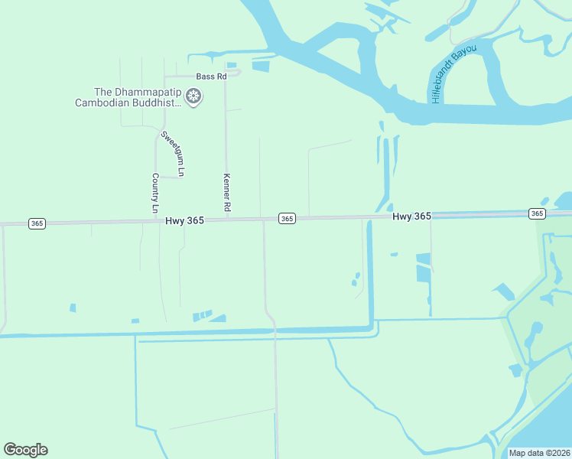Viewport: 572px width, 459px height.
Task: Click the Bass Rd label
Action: point(212,76)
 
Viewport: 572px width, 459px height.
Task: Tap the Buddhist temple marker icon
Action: point(194,96)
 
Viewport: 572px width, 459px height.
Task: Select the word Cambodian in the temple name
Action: point(102,103)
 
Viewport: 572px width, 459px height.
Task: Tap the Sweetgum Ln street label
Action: point(173,154)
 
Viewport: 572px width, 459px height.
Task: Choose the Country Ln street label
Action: point(155,193)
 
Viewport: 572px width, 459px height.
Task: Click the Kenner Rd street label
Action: point(226,193)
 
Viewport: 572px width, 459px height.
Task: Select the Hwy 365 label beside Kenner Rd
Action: point(184,220)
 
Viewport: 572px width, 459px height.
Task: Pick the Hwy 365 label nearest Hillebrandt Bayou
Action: point(412,216)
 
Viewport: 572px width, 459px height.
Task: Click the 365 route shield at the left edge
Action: point(37,223)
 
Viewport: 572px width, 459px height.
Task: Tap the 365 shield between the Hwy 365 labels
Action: point(286,219)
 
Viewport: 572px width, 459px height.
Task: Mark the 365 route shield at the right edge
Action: point(537,213)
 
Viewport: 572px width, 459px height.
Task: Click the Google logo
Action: point(25,450)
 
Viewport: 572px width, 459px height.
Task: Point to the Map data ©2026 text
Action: point(539,453)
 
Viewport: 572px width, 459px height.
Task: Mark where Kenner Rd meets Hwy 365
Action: point(226,220)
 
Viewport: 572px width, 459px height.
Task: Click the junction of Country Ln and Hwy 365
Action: point(156,221)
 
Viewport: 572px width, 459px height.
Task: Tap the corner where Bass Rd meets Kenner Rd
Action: point(226,76)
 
